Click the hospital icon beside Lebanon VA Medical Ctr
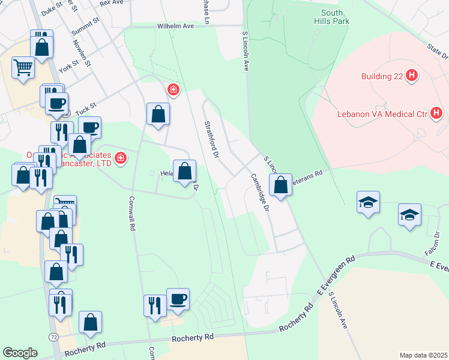436,112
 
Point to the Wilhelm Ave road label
176,26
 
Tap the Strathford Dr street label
211,139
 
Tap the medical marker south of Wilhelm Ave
173,91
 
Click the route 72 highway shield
55,338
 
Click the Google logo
20,353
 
